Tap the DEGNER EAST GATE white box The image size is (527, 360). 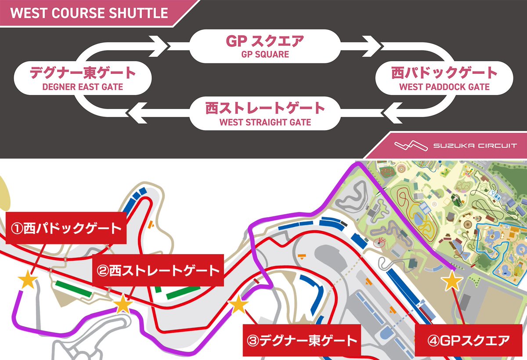coord(83,78)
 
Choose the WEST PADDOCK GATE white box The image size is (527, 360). coord(444,78)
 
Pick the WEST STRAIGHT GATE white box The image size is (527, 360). coord(265,113)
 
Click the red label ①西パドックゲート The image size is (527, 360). coord(66,229)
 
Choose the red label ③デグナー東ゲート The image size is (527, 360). coord(302,340)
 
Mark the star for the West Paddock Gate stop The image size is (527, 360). coord(28,280)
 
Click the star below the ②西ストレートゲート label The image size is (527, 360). coord(123,304)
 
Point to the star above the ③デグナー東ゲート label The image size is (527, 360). coord(238,304)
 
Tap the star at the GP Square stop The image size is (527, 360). coord(451,281)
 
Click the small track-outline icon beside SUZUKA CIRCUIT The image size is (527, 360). coord(410,145)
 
